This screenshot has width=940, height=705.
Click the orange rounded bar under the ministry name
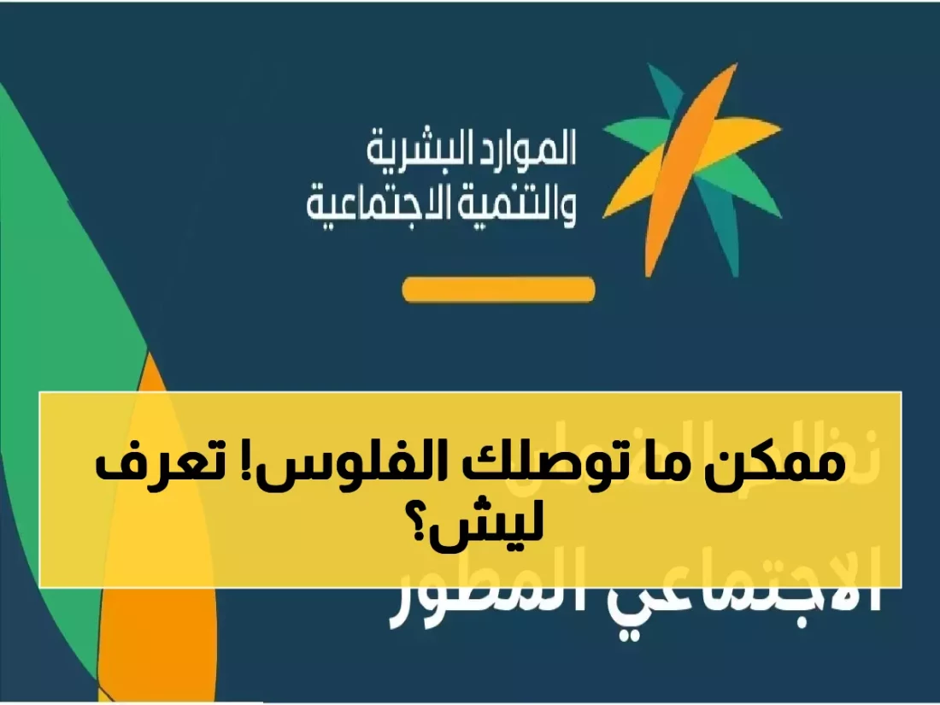tap(498, 290)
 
